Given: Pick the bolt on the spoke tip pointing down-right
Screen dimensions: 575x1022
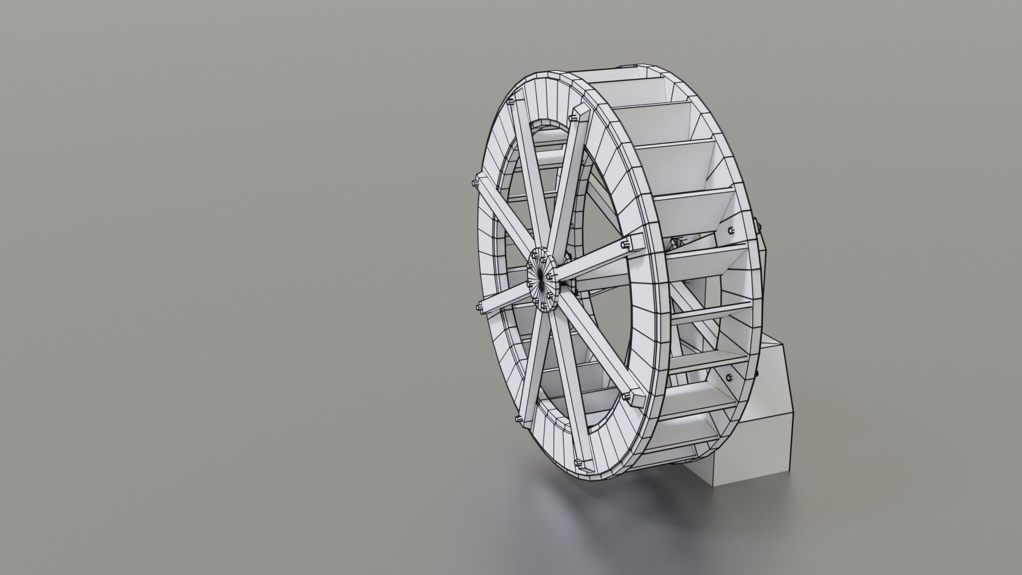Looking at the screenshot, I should (x=626, y=396).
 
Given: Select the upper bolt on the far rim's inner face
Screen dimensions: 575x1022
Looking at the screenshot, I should (x=730, y=230).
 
